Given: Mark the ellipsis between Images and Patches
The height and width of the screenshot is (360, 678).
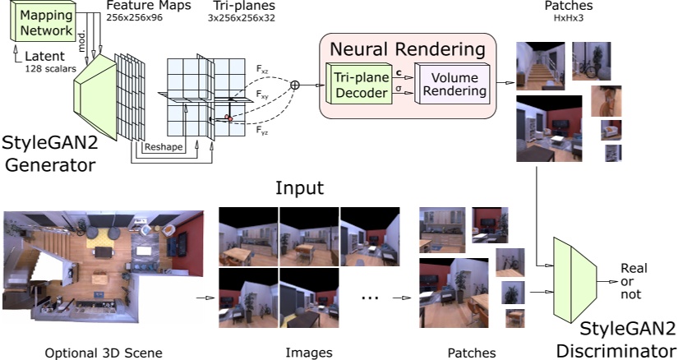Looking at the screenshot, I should (371, 298).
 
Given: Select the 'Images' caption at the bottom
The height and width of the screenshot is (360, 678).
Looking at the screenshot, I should (308, 353).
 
